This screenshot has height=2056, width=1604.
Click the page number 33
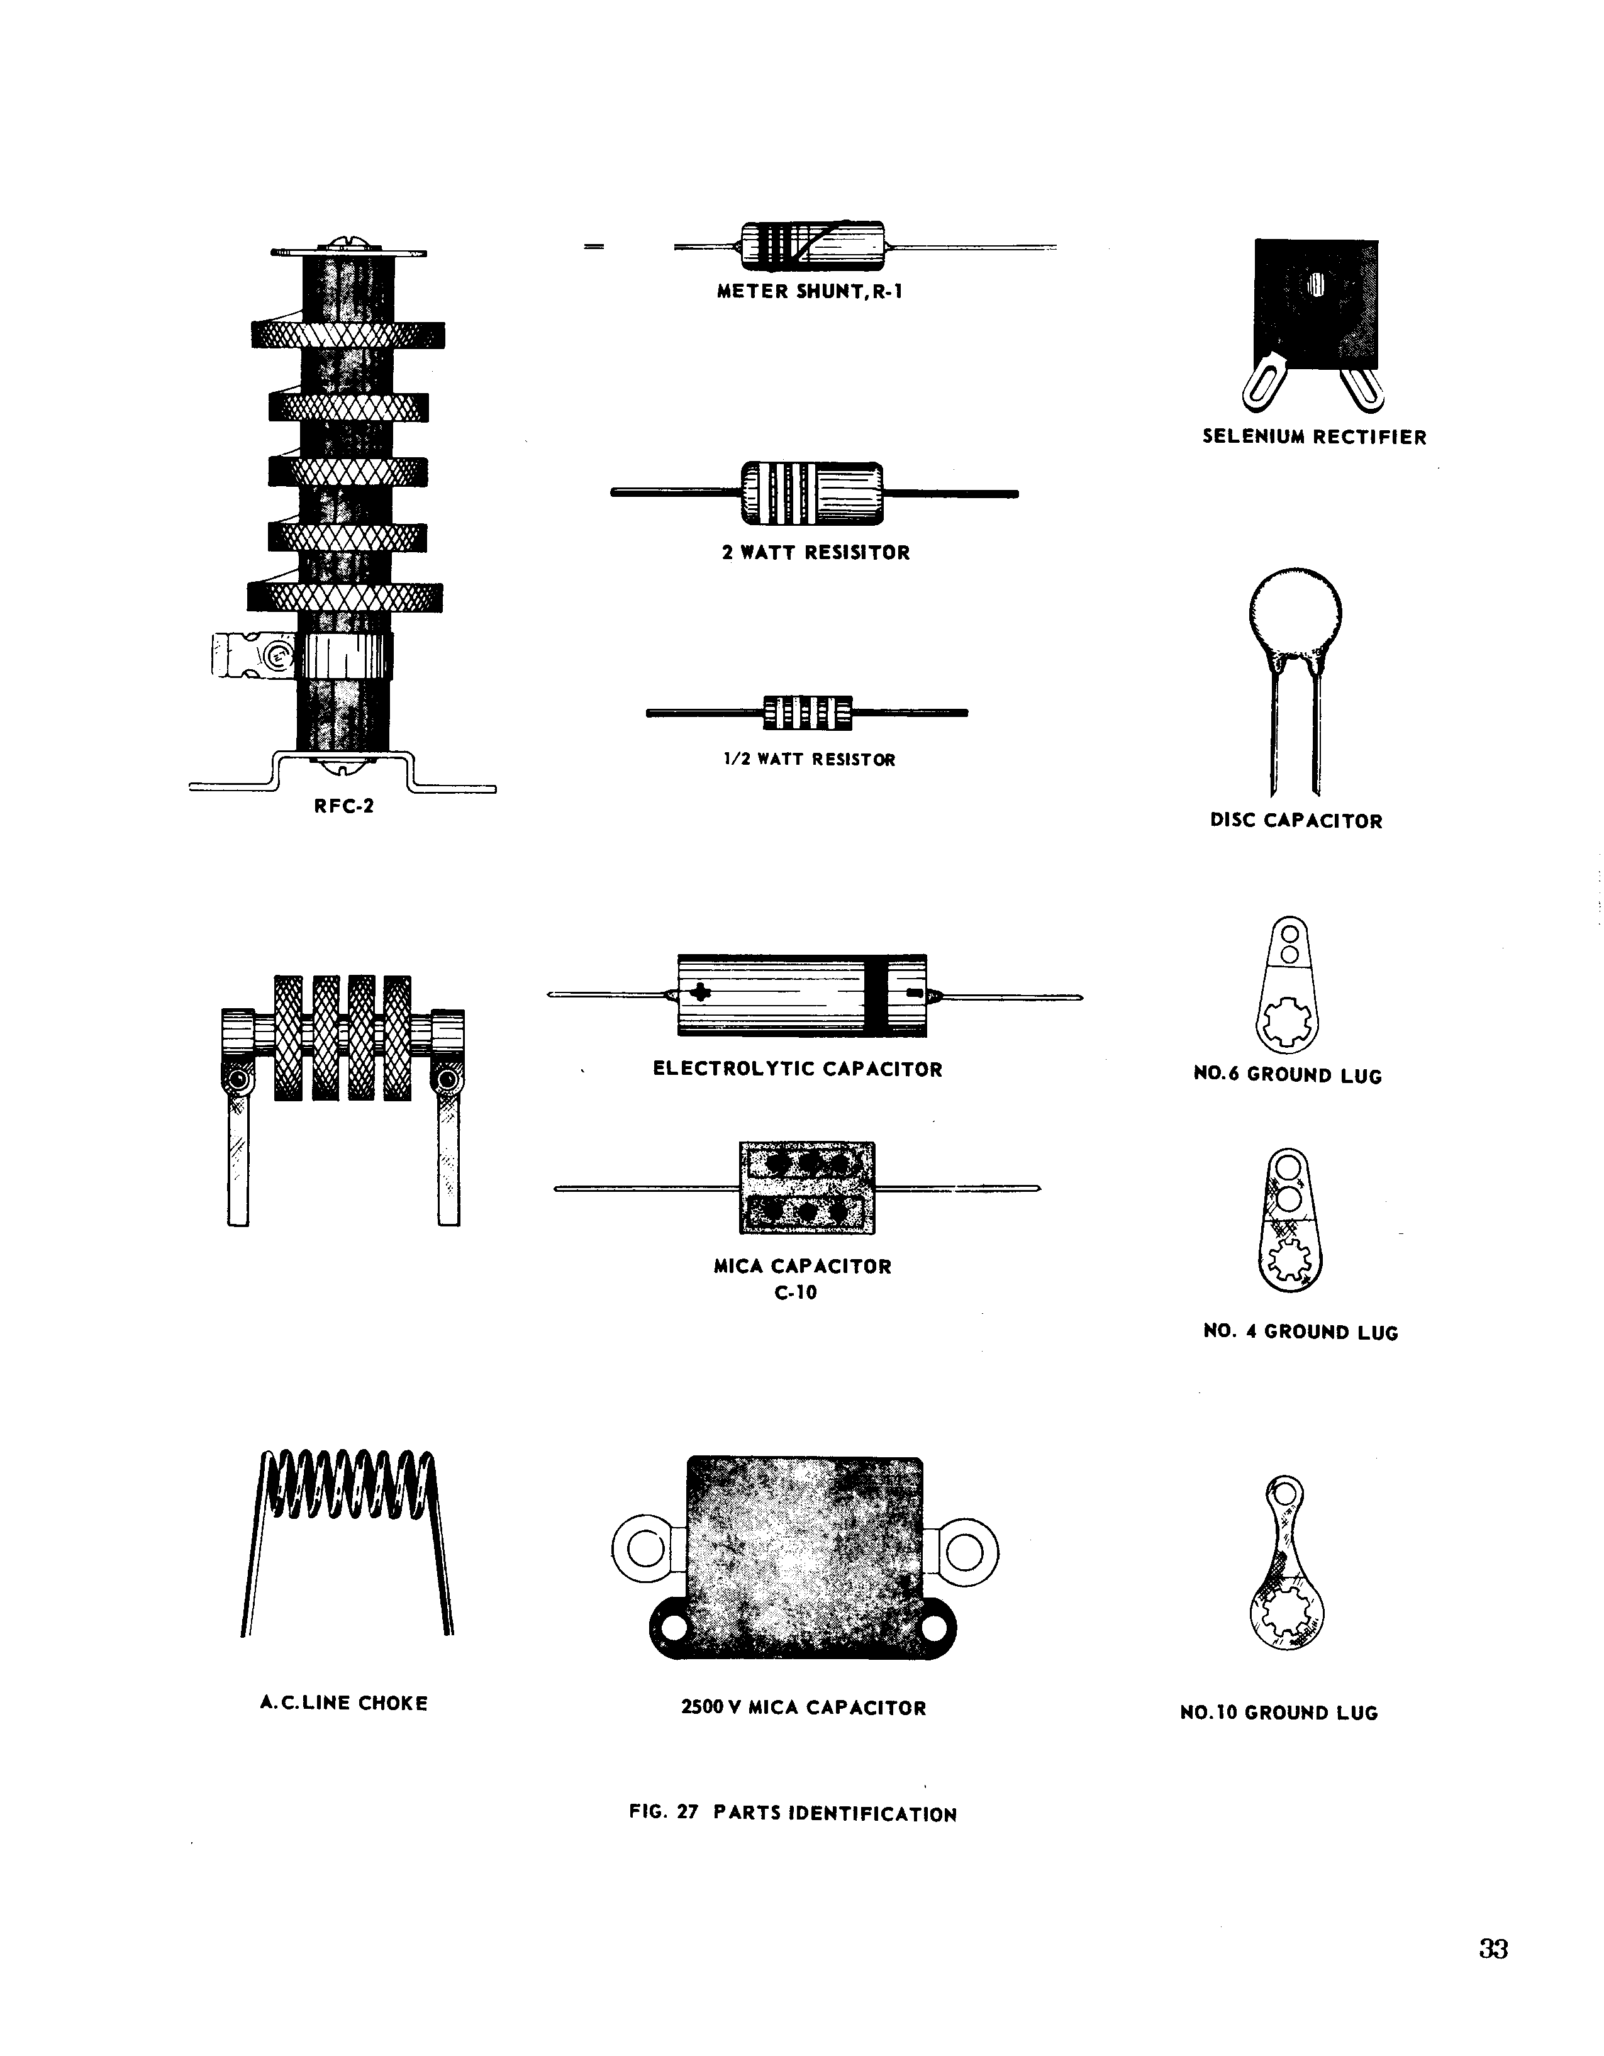1493,1948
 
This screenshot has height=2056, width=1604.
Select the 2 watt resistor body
812,493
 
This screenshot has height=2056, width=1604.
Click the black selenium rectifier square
1316,303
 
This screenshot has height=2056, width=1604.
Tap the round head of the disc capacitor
1295,616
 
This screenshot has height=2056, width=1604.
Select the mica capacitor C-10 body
806,1187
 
